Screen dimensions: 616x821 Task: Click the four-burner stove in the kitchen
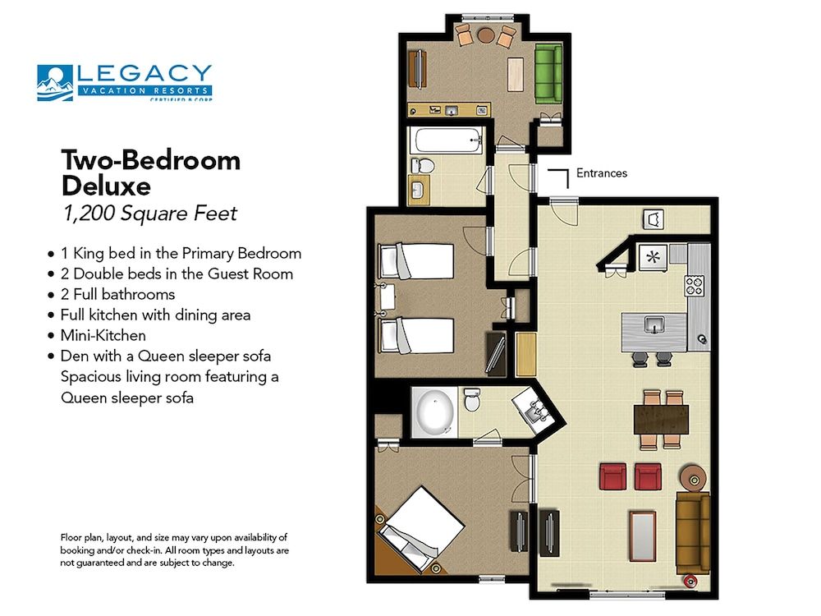(x=695, y=286)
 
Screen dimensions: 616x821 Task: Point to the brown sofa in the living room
(x=692, y=532)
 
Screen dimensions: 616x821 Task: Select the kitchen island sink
(x=654, y=324)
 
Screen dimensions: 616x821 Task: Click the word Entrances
(x=601, y=173)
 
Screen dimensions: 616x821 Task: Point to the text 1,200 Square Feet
(x=149, y=214)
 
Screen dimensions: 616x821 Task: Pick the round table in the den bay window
(x=485, y=35)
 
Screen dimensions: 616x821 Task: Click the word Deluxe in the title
(x=106, y=186)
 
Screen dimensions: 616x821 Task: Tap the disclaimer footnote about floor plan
(x=173, y=549)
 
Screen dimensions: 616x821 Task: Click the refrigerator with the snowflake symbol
(x=654, y=255)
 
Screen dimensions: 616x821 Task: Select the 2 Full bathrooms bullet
(x=117, y=293)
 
